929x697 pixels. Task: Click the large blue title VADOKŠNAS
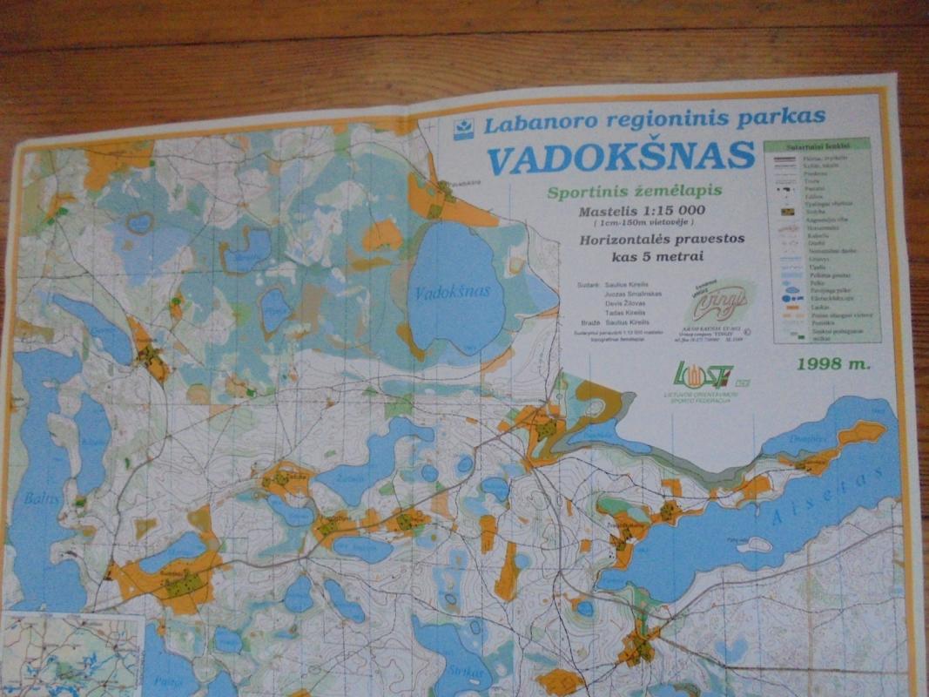(619, 156)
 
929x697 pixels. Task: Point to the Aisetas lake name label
(814, 505)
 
